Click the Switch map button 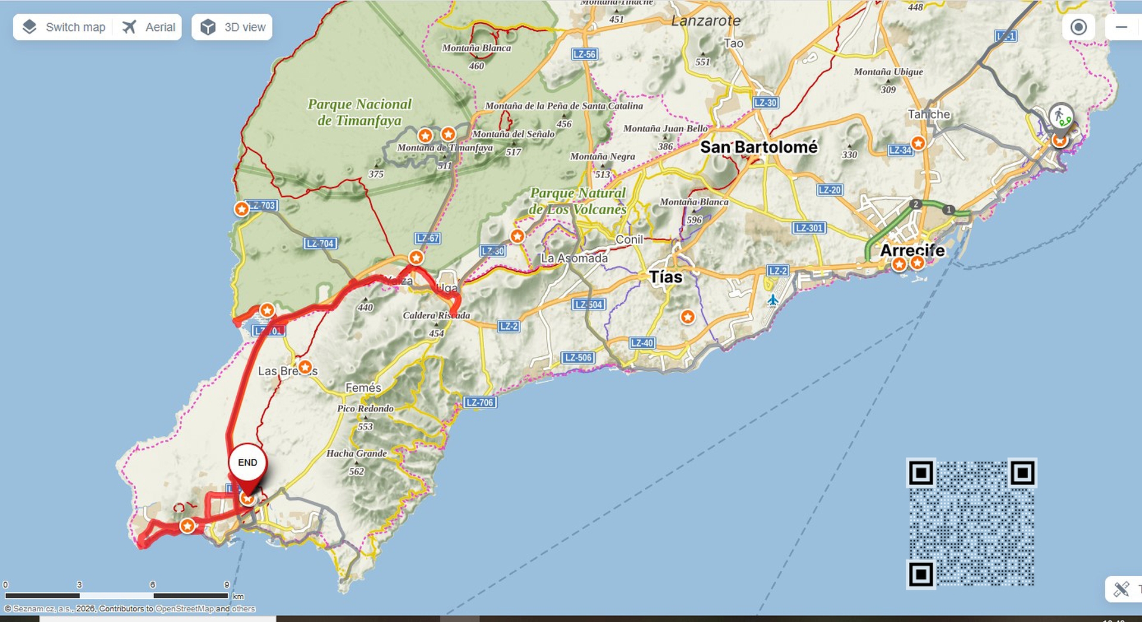coord(64,27)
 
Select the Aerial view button coord(149,27)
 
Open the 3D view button coord(232,27)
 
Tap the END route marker coord(247,463)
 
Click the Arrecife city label coord(912,250)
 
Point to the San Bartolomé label coord(758,147)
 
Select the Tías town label coord(666,277)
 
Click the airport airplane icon coord(772,300)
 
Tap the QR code coord(971,523)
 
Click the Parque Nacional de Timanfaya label coord(359,112)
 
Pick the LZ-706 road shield coord(479,403)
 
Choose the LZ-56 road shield coord(584,54)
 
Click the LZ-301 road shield coord(809,228)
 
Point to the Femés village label coord(363,388)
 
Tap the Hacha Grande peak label coord(356,453)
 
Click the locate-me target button coord(1078,27)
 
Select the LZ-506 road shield coord(578,357)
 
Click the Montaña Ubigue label coord(888,72)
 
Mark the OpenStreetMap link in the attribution coord(184,608)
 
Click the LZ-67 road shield coord(428,238)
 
